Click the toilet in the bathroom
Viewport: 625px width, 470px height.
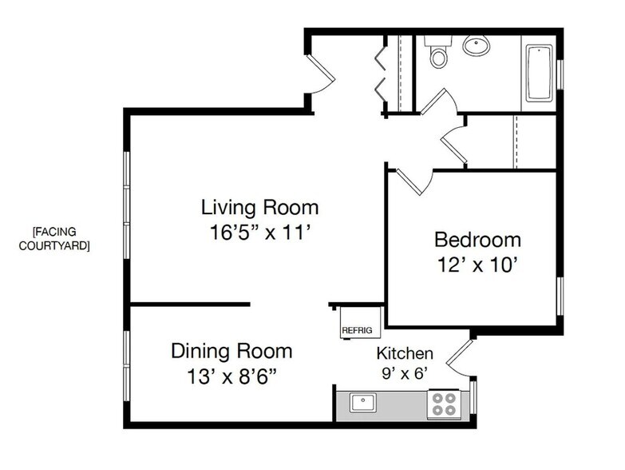click(438, 51)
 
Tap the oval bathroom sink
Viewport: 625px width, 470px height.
click(476, 45)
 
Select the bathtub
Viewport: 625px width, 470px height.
click(539, 74)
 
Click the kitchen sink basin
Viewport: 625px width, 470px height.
click(362, 402)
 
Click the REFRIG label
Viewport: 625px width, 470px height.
click(357, 330)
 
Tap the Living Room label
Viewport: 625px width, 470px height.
click(260, 208)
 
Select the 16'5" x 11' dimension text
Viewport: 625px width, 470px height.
click(260, 233)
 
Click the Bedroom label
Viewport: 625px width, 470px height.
click(477, 240)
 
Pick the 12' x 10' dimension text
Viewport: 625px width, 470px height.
click(477, 264)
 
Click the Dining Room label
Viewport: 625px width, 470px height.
click(231, 351)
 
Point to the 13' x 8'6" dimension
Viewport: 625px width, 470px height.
click(232, 376)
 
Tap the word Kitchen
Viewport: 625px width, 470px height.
click(405, 353)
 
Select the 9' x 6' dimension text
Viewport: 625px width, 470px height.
click(405, 373)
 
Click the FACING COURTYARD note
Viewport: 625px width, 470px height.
click(54, 238)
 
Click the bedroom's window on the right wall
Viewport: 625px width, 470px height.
click(560, 296)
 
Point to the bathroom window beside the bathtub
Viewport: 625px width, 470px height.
click(560, 74)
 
